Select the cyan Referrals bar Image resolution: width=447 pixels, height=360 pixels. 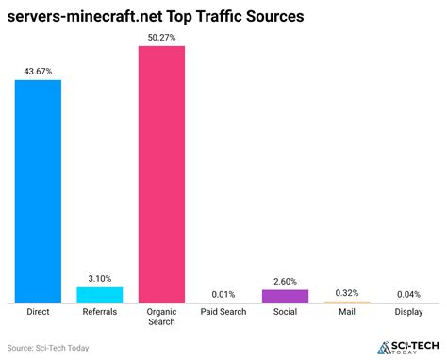click(x=99, y=294)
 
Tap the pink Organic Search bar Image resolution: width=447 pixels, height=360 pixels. click(x=161, y=173)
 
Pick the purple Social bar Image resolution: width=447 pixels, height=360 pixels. click(x=285, y=296)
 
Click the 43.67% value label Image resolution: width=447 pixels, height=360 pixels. click(x=38, y=70)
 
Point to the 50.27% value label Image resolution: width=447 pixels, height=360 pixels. click(x=161, y=36)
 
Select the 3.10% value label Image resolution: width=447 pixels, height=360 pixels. click(x=99, y=278)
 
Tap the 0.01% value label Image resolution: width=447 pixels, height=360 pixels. click(x=223, y=294)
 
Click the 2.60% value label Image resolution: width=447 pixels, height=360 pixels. click(x=285, y=281)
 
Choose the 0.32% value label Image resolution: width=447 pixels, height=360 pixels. click(x=347, y=293)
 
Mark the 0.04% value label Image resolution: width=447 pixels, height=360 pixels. click(x=409, y=294)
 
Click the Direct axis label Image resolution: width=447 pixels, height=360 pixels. click(x=38, y=310)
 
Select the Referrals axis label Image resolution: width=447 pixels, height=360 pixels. click(x=99, y=310)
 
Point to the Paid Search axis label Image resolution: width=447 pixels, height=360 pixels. click(x=223, y=310)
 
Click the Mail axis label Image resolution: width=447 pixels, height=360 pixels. click(x=347, y=310)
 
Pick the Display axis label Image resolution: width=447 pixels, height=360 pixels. click(x=409, y=310)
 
